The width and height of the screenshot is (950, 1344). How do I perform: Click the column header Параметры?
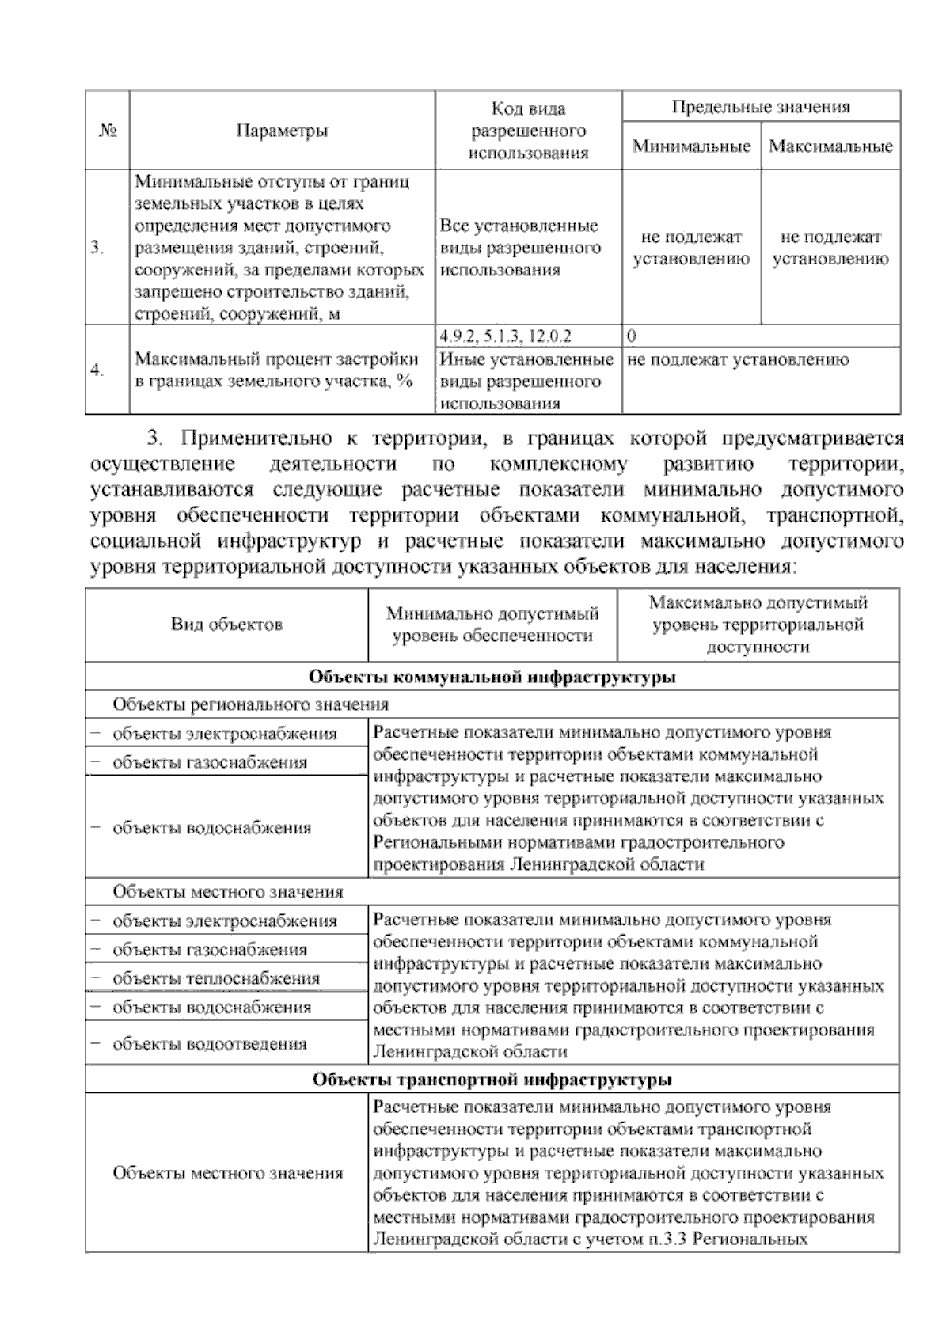click(x=282, y=131)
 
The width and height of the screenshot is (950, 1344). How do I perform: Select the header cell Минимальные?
click(x=691, y=146)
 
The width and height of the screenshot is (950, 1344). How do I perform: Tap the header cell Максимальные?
click(x=830, y=146)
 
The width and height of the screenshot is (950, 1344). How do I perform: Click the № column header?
click(x=108, y=131)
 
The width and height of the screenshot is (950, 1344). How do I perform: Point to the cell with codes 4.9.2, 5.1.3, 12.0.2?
click(x=505, y=336)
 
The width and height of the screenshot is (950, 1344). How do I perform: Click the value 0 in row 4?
click(x=632, y=336)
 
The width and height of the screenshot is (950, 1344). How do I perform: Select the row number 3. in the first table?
click(x=97, y=248)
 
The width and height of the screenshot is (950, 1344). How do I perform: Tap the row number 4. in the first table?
click(x=97, y=370)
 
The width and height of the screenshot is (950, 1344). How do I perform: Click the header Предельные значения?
click(x=760, y=107)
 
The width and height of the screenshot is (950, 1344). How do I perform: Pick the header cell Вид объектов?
click(x=226, y=625)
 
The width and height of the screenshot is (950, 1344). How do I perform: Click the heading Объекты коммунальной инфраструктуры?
click(x=492, y=677)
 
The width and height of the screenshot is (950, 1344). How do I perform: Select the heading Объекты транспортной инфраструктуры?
click(x=492, y=1080)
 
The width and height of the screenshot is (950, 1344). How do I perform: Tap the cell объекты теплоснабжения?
click(x=215, y=978)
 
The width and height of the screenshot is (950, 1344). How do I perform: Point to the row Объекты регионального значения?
click(x=250, y=704)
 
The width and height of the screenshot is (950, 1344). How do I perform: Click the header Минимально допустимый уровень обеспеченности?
click(x=492, y=625)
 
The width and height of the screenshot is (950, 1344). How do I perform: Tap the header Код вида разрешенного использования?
click(x=528, y=131)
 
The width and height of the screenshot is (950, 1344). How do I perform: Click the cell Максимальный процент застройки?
click(x=275, y=370)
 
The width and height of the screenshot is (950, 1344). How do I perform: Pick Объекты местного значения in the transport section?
click(x=227, y=1173)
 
